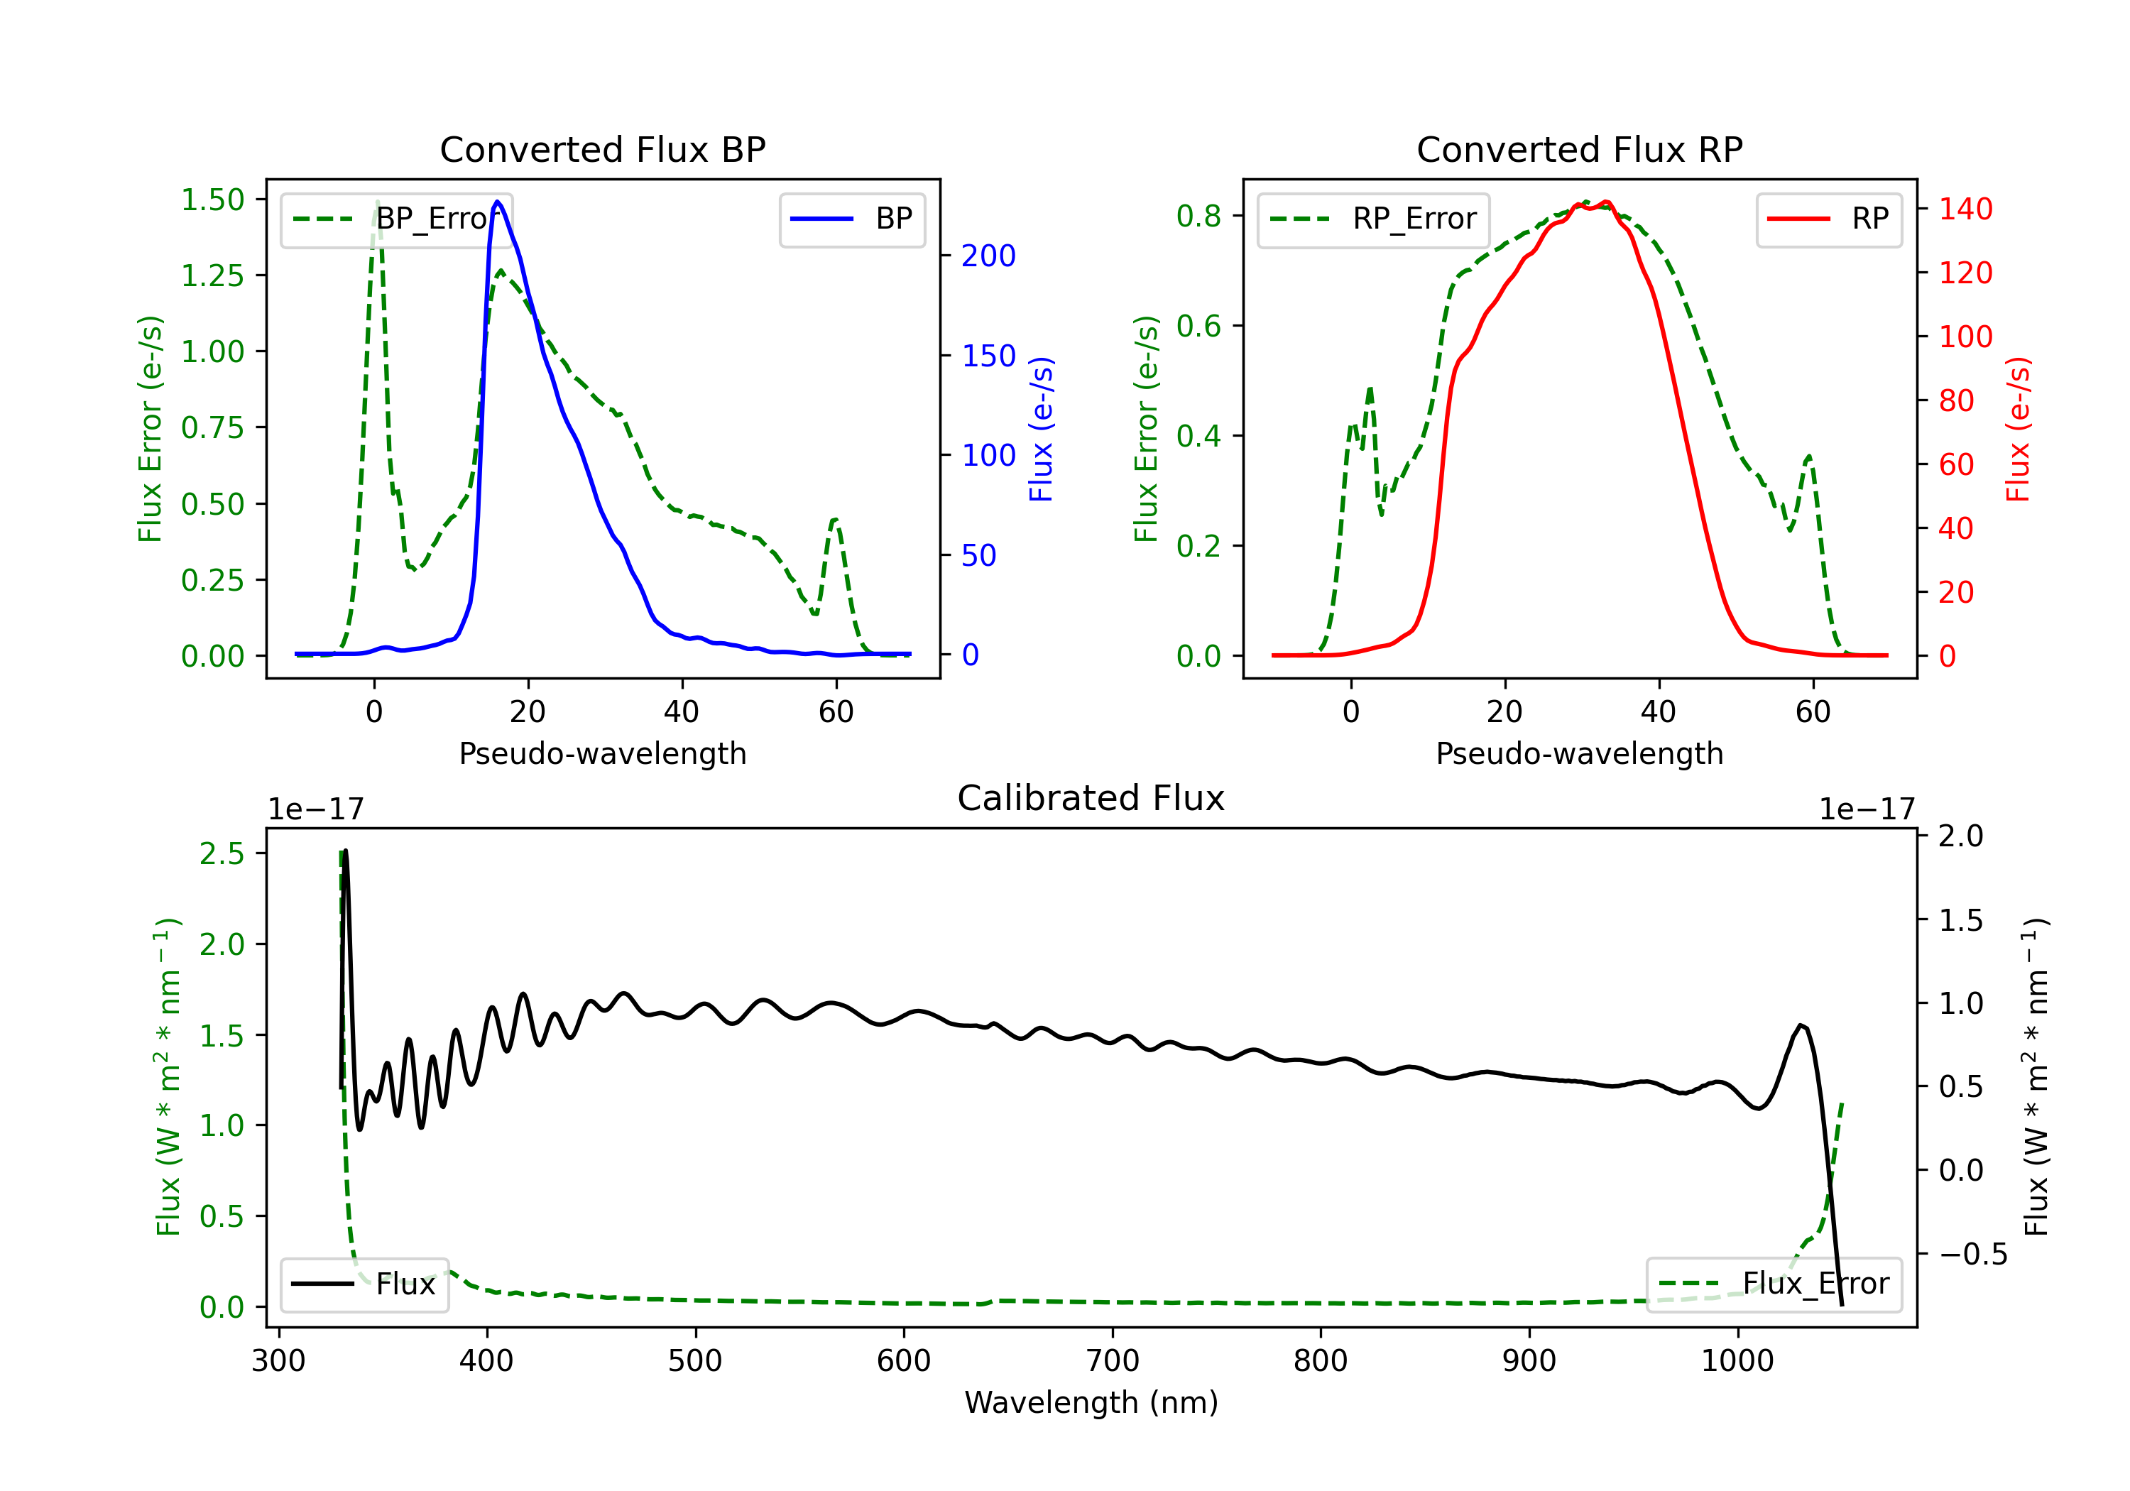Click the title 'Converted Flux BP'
(x=602, y=149)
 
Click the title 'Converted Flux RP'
(x=1579, y=149)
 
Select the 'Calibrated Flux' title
(x=1091, y=798)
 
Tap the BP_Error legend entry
(x=396, y=219)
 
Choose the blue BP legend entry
(x=851, y=219)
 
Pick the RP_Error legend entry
(x=1373, y=219)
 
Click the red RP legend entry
(x=1828, y=219)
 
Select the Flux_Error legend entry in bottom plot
(x=1774, y=1284)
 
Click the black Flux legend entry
(x=364, y=1284)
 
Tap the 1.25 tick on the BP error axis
(x=212, y=275)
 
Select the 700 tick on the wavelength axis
(x=1113, y=1361)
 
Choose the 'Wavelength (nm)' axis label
(x=1091, y=1402)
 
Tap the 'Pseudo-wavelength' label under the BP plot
(x=603, y=753)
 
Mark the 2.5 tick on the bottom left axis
(x=222, y=853)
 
